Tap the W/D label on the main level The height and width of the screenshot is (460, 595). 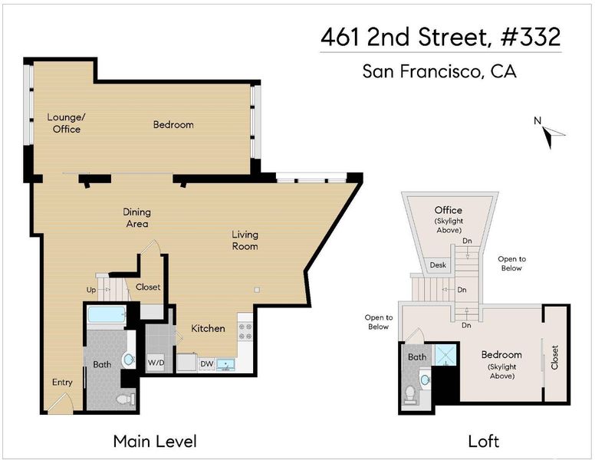tap(156, 363)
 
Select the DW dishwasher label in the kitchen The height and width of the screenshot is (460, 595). tap(207, 363)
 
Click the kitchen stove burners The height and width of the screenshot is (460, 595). tap(245, 331)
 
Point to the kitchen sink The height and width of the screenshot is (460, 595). tap(225, 365)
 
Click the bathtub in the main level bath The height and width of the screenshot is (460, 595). tap(107, 314)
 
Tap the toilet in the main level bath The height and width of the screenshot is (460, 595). tap(126, 399)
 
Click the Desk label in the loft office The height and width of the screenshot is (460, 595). tap(438, 265)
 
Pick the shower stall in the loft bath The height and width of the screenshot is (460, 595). tap(446, 355)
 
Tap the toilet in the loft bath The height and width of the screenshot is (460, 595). tap(409, 393)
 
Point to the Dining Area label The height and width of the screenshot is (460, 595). tap(137, 218)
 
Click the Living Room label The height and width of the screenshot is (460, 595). tap(245, 240)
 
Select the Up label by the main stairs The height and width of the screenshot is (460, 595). tap(91, 290)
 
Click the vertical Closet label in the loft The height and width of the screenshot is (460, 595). tap(555, 357)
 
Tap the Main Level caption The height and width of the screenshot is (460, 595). tap(155, 442)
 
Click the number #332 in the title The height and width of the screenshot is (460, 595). tap(531, 37)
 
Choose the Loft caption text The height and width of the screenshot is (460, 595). tap(483, 442)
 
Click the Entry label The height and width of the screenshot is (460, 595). tap(62, 383)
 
